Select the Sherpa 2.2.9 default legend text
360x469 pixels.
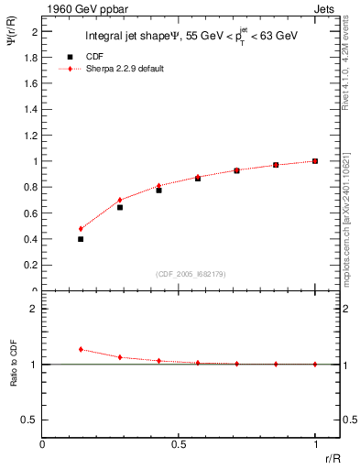click(125, 69)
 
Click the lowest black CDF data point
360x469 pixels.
click(81, 239)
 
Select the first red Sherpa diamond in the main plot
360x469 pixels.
click(81, 229)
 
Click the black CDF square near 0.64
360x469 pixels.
click(120, 207)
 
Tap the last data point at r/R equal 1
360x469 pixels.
click(315, 161)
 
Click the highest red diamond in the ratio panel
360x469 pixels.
click(81, 349)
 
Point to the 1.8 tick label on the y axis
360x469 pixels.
click(31, 57)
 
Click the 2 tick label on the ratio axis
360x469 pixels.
click(35, 309)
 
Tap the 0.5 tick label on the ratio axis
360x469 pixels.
click(31, 420)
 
